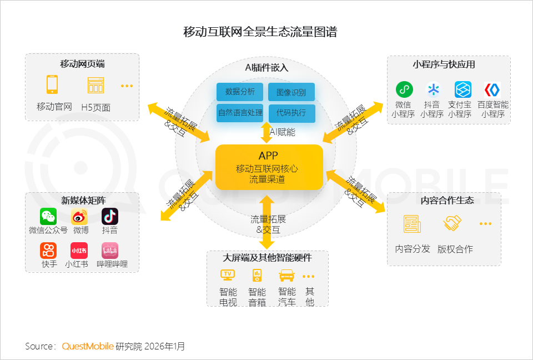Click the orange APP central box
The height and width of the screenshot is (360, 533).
(269, 167)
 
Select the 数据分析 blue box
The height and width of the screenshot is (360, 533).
(240, 92)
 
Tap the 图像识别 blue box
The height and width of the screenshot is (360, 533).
(291, 92)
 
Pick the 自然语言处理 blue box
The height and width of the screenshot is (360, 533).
(240, 113)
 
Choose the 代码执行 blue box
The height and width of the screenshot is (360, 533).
(291, 113)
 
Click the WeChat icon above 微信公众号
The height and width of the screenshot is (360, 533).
(48, 216)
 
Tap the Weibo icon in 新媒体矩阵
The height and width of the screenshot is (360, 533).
(79, 216)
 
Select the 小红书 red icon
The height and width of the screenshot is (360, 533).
(79, 251)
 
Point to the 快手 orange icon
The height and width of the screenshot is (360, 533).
(48, 251)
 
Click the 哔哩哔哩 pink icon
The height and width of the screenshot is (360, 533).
(110, 251)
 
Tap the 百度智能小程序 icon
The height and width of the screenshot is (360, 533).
(492, 89)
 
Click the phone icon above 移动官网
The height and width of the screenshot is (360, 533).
(52, 84)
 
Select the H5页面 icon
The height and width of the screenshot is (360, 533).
(95, 85)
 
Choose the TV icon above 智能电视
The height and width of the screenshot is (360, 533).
(228, 275)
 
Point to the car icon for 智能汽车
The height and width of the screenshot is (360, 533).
(286, 275)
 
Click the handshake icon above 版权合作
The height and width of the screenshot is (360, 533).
(452, 224)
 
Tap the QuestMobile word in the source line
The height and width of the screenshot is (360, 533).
(88, 346)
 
